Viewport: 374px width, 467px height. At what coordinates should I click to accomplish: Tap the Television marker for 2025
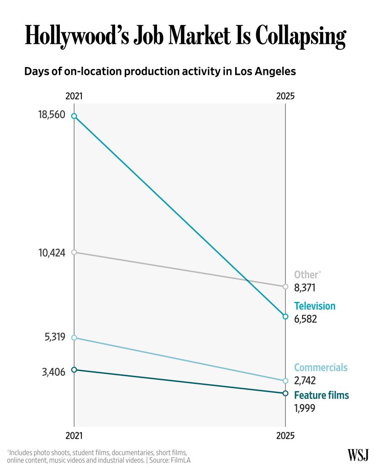tap(285, 317)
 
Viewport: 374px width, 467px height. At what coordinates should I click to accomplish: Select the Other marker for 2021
tap(74, 252)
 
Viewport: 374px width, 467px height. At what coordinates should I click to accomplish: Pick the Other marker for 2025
tap(285, 286)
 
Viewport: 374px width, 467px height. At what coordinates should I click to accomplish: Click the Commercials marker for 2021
tap(74, 338)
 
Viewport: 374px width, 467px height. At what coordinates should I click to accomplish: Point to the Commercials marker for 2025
tap(285, 381)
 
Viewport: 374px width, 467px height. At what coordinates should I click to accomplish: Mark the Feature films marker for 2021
tap(74, 370)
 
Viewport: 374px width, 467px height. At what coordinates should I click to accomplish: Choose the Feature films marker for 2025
tap(285, 393)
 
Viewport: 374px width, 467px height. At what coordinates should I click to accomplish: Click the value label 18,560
tap(52, 114)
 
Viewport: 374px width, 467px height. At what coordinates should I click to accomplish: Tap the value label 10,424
tap(52, 252)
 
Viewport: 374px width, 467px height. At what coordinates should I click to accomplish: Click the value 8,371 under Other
tap(305, 288)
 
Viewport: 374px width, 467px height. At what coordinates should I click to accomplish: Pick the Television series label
tap(315, 306)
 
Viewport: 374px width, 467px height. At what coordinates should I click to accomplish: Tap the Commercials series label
tap(321, 368)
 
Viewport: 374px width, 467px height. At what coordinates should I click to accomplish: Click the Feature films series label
tap(321, 395)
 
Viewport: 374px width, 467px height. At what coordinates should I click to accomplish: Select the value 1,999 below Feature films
tap(305, 408)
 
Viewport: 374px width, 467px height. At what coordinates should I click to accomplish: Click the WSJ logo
tap(358, 454)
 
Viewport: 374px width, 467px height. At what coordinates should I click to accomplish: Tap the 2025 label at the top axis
tap(285, 96)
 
